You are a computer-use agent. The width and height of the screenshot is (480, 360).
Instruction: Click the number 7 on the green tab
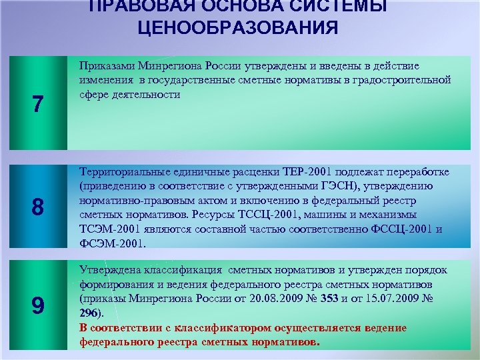click(x=38, y=105)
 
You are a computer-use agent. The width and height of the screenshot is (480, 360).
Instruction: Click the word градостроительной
click(x=406, y=80)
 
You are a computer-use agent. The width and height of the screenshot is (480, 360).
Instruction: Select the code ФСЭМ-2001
click(x=107, y=243)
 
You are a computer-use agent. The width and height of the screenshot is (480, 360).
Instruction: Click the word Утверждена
click(x=110, y=270)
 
